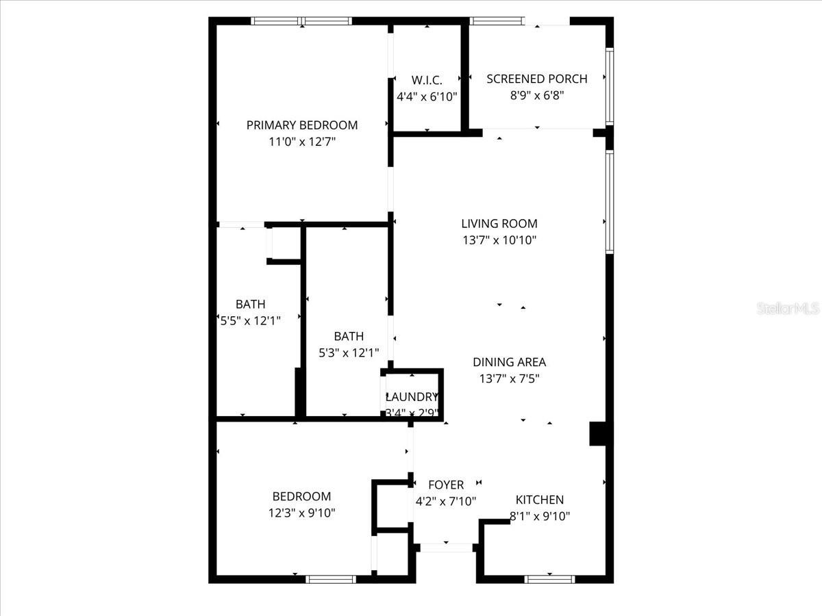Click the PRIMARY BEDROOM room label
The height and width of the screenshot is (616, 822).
(x=302, y=125)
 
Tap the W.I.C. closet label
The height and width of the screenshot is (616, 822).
(x=427, y=80)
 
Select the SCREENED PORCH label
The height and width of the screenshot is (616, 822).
(x=537, y=79)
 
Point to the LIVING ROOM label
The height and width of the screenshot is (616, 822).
(x=499, y=223)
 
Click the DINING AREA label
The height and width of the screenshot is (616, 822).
(x=509, y=362)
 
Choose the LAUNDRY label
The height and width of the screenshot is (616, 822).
(x=412, y=397)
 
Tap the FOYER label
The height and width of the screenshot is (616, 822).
(x=446, y=485)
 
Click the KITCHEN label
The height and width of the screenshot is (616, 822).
(x=540, y=500)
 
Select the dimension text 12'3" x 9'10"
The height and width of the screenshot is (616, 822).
(x=302, y=513)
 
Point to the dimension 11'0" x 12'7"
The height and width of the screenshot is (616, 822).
(x=302, y=142)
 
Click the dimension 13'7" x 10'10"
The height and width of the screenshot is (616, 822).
(x=499, y=240)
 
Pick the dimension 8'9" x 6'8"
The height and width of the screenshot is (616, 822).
(x=537, y=96)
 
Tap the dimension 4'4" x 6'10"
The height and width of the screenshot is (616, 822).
(x=427, y=97)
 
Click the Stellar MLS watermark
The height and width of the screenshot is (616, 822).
(x=788, y=309)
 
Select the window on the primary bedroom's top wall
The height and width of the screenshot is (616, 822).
(x=302, y=21)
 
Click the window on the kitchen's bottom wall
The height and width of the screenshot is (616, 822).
(x=549, y=579)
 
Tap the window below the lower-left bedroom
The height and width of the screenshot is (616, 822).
(x=331, y=579)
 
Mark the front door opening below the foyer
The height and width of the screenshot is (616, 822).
(x=446, y=548)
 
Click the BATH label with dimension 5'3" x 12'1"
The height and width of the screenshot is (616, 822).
(x=349, y=336)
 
